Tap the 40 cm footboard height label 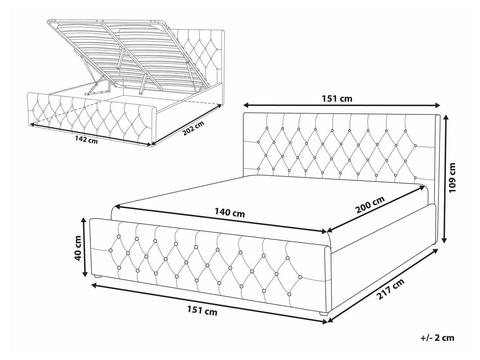tap(77, 248)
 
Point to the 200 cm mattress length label tap(370, 205)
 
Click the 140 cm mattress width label tap(230, 213)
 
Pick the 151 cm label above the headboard tap(337, 99)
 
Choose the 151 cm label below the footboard tap(202, 311)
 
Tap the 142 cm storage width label tap(86, 140)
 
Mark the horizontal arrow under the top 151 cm tap(342, 105)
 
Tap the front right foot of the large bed tap(324, 313)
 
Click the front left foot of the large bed tap(98, 277)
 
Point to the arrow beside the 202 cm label tap(186, 124)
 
